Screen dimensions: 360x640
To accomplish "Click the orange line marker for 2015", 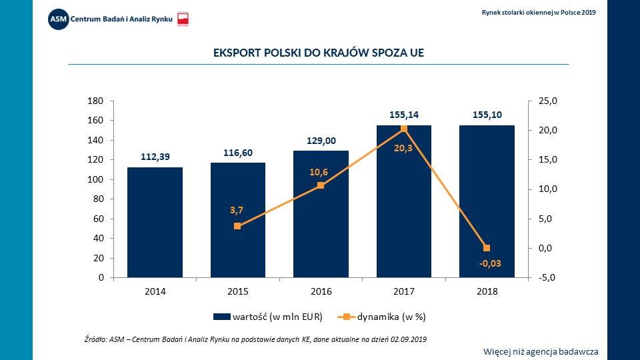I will pos(237,226).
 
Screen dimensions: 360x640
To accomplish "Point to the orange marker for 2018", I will pos(487,248).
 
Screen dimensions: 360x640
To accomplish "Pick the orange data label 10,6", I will pos(319,172).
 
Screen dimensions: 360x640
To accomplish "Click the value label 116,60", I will pos(237,153).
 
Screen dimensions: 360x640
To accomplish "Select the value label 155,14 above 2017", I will pos(404,115).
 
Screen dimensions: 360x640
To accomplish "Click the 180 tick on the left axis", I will pos(95,101).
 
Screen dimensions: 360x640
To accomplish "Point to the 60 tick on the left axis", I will pos(97,219).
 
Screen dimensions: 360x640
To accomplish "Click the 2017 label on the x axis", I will pos(404,291).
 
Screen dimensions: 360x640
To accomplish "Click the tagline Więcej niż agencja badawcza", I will pos(541,351).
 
